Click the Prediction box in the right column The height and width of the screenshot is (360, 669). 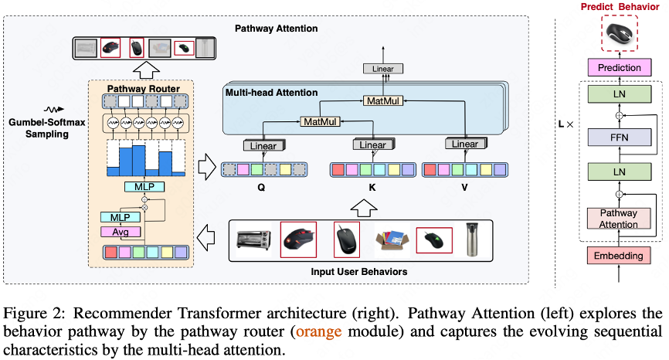coord(620,68)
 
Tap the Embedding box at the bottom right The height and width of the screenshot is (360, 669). coord(620,255)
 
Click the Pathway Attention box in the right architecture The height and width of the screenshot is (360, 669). coord(620,219)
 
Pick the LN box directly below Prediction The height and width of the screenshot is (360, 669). coord(620,95)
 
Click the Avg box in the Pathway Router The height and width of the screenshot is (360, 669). coord(121,231)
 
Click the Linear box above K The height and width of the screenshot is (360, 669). coord(372,145)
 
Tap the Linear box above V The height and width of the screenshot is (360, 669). coord(464,144)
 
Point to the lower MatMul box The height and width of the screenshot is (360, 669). coord(321,122)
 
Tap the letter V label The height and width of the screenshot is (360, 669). coord(464,186)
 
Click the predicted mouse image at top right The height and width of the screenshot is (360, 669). coord(620,32)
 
